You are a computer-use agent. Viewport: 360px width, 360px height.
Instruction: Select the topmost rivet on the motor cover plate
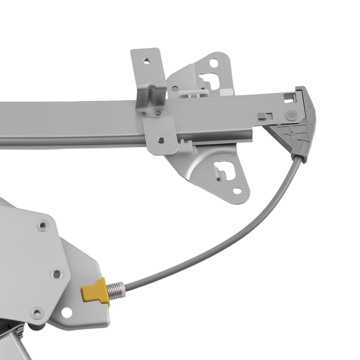[x=43, y=226]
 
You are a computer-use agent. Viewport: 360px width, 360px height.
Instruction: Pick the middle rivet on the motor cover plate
[x=56, y=274]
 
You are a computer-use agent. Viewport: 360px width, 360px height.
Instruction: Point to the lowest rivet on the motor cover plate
[x=37, y=312]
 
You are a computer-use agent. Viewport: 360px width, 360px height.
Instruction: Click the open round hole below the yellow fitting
[x=67, y=313]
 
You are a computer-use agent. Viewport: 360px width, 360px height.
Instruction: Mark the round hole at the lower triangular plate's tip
[x=237, y=190]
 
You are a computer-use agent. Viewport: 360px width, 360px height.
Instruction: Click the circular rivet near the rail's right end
[x=290, y=115]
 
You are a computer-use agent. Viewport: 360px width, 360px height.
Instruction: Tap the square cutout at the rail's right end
[x=289, y=97]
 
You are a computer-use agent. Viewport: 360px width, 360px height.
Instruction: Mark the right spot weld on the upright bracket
[x=157, y=114]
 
